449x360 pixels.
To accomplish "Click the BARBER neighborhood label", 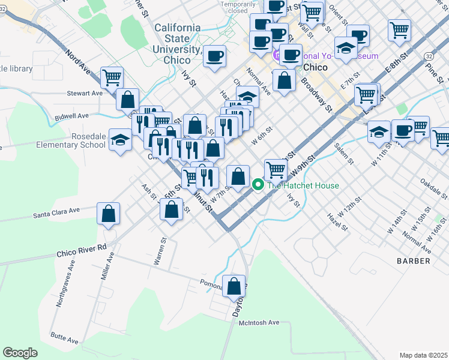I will click(x=413, y=261).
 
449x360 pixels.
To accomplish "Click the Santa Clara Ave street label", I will click(x=56, y=213).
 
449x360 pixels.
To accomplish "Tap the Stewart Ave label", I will click(x=85, y=94).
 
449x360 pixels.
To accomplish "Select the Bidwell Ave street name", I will click(x=71, y=115).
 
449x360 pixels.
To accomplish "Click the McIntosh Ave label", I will click(x=259, y=323).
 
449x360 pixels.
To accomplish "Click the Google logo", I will click(x=20, y=353).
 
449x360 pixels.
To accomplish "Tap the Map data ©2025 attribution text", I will click(x=423, y=355).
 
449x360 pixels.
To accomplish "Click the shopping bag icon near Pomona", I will click(x=234, y=286).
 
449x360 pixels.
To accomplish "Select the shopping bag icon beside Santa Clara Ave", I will click(x=109, y=214).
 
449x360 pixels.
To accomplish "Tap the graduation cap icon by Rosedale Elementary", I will click(x=121, y=139).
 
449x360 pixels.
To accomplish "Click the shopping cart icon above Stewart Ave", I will click(x=112, y=77).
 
